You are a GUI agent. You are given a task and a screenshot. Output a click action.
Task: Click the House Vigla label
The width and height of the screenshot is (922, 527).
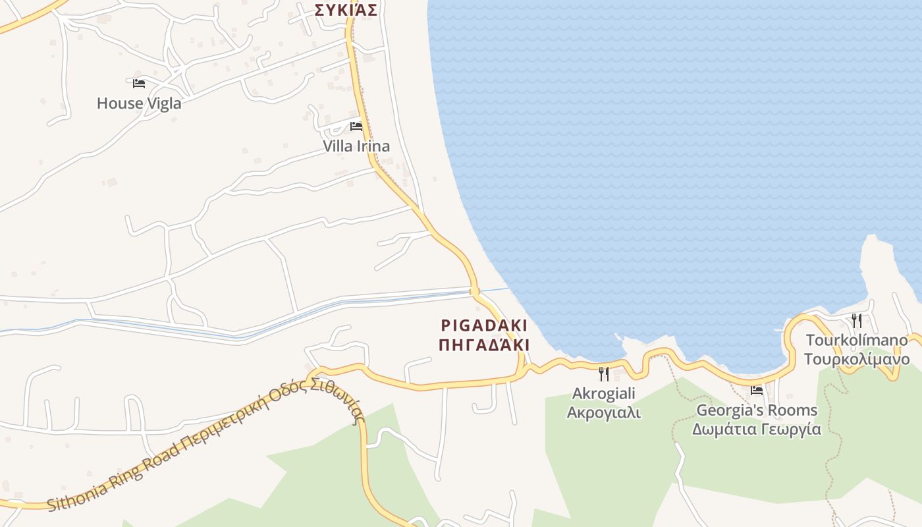coord(139,103)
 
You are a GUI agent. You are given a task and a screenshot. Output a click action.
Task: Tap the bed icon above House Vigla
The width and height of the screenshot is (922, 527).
coord(139,84)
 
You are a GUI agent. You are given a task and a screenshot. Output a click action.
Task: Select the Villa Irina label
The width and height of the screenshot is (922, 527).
coord(356,146)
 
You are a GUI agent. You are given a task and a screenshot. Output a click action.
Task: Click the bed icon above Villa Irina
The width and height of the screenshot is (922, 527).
coord(356,126)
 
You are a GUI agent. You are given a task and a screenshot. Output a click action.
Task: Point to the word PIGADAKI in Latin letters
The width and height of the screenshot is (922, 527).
coord(484,325)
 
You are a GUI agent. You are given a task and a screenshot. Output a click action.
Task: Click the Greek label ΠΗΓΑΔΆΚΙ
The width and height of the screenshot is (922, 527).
coord(484,345)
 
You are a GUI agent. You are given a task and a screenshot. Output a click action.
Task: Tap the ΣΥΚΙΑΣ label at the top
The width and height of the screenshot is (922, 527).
coord(346,10)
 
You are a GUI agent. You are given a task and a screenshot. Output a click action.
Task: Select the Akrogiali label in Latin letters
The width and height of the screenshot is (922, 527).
coord(604,394)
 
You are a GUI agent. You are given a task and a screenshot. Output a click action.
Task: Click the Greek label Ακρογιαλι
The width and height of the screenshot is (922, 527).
coord(604,413)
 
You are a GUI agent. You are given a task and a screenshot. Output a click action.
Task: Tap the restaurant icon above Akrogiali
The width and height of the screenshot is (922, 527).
coord(604,374)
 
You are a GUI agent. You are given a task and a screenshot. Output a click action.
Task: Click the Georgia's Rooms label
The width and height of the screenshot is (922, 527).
coord(757,410)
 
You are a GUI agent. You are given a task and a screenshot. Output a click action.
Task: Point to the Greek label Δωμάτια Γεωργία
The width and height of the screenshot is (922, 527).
coord(757,430)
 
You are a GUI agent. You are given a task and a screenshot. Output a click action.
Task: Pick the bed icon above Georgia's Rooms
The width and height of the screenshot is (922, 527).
coord(757,391)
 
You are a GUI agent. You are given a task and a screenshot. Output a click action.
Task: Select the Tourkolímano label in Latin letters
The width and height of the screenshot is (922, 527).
coord(857,341)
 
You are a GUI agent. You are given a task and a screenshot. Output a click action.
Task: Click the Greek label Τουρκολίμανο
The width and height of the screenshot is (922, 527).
coord(857,360)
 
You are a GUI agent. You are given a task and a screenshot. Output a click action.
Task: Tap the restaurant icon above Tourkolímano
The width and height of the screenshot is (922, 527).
coord(857,321)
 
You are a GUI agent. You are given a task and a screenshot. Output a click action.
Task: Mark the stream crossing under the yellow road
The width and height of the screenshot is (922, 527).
coord(474,291)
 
